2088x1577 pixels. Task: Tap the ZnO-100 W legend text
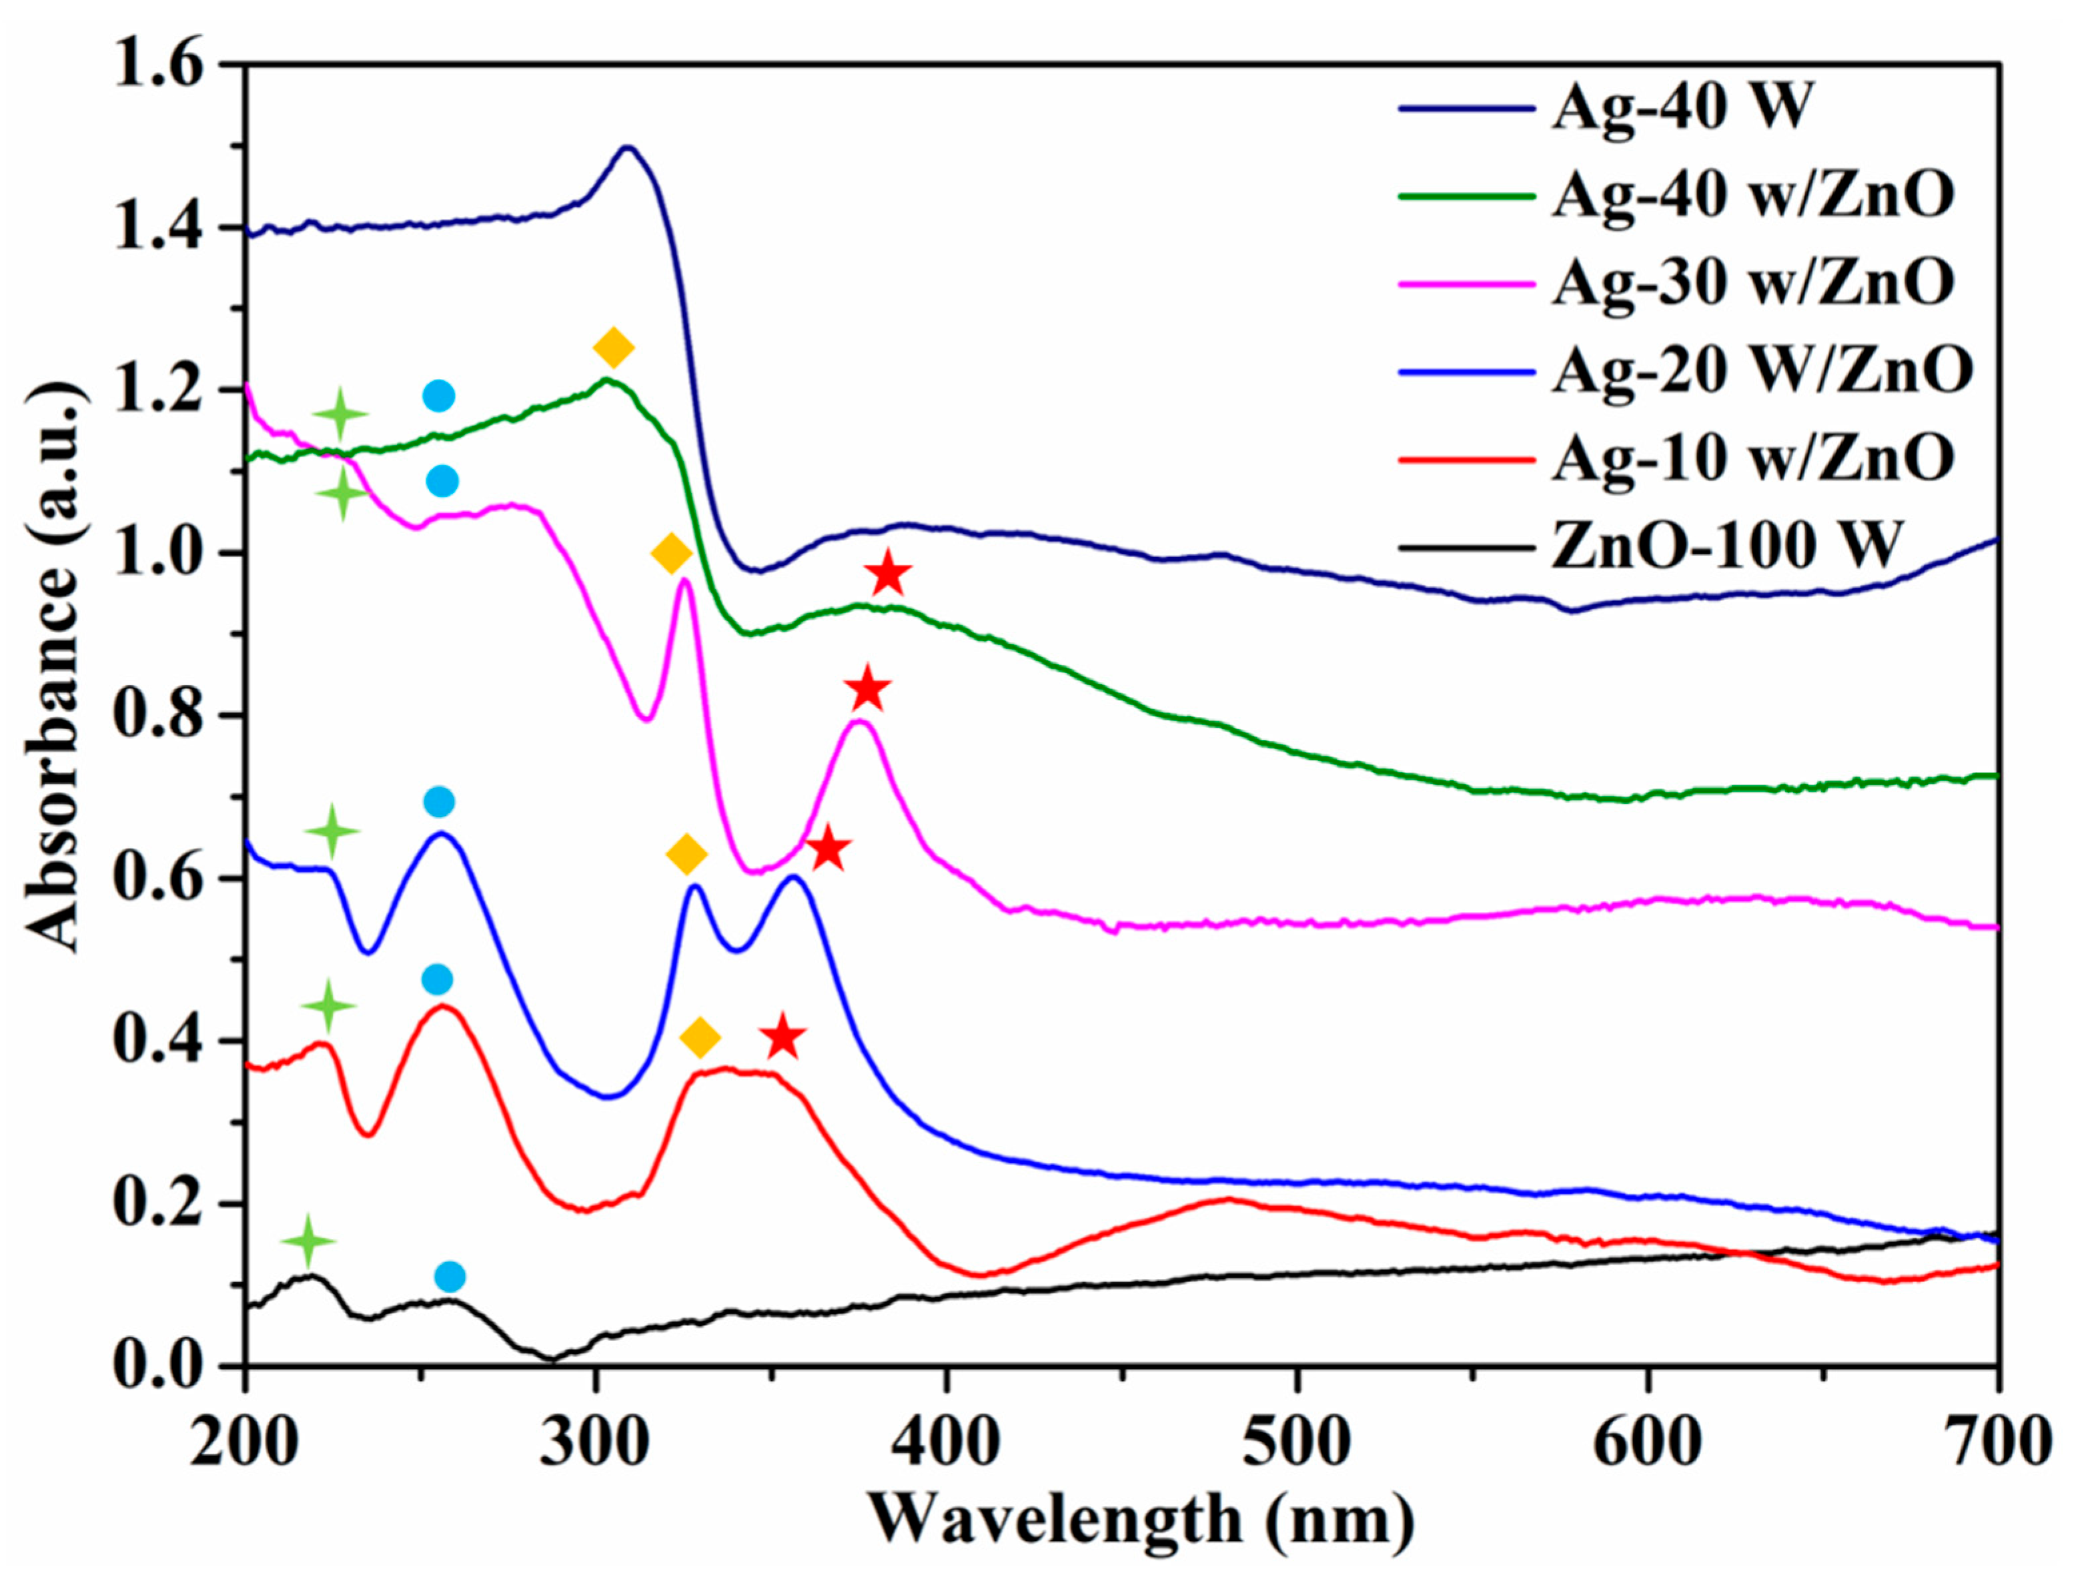tap(1724, 546)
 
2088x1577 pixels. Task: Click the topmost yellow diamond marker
tap(614, 348)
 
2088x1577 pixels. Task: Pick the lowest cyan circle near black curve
tap(450, 1277)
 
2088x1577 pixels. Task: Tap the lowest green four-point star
tap(308, 1241)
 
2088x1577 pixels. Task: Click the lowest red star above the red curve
tap(783, 1038)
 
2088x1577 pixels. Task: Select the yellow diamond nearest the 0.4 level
tap(700, 1038)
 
